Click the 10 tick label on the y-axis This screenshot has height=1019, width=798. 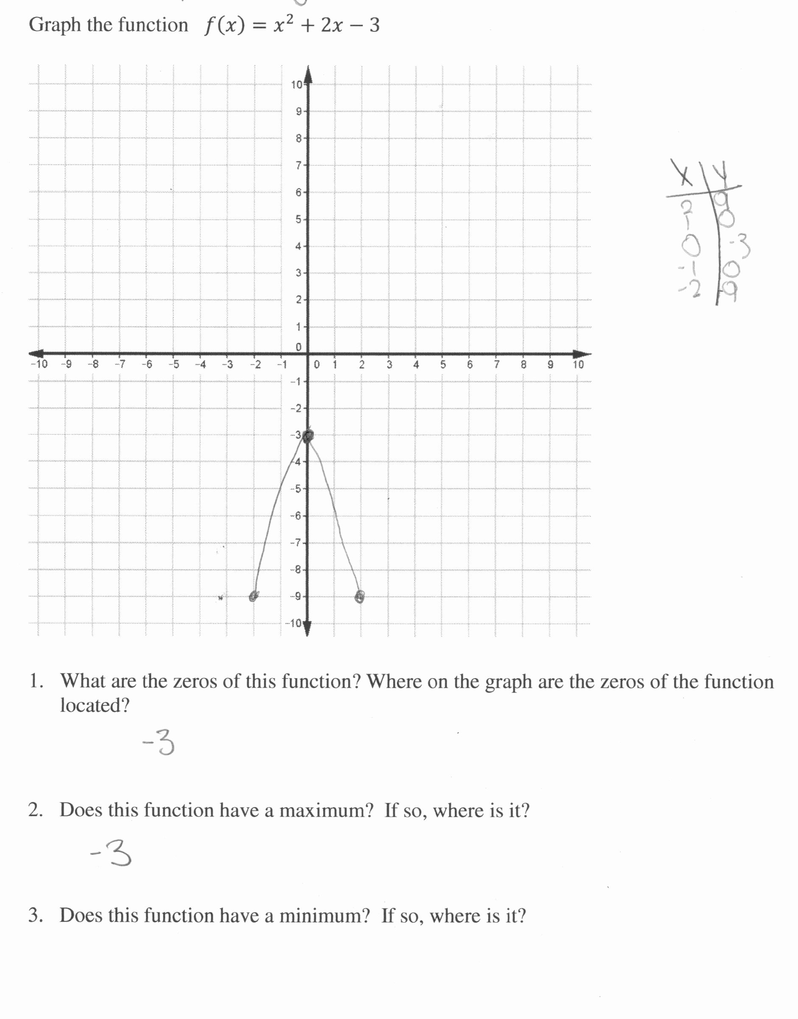click(x=297, y=84)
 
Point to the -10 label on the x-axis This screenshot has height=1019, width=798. click(x=39, y=364)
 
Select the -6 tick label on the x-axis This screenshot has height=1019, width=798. click(x=147, y=364)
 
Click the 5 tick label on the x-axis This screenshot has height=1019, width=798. click(x=443, y=364)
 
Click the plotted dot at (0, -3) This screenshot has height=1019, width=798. click(x=308, y=436)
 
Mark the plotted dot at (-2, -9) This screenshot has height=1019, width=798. click(x=253, y=596)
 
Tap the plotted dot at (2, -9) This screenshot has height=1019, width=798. click(x=359, y=596)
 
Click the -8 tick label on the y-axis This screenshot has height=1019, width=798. click(x=296, y=569)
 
